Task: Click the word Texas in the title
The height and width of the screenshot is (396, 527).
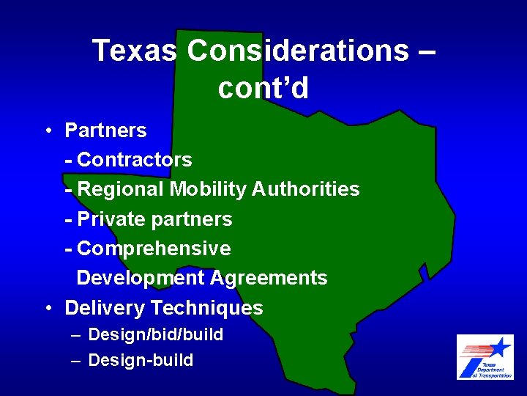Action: [x=135, y=51]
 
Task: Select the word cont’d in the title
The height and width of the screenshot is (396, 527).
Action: [x=263, y=88]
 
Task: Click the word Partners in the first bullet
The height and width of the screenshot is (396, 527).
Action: [x=105, y=131]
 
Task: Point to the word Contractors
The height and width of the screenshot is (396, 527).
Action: [x=134, y=160]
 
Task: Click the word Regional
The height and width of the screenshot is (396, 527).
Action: [x=121, y=189]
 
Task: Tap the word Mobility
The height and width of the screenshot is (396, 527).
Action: [x=209, y=189]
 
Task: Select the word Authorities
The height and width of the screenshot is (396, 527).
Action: [x=306, y=189]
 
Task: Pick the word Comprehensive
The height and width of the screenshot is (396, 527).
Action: [x=154, y=249]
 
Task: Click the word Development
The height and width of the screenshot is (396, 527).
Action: [x=141, y=278]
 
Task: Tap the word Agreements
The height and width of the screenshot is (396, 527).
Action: [x=269, y=278]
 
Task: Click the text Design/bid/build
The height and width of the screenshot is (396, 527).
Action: [x=155, y=335]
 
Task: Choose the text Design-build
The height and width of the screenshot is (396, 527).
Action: [x=141, y=360]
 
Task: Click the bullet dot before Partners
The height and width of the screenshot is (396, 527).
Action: [x=46, y=131]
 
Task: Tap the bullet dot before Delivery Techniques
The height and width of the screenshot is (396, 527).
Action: [x=46, y=308]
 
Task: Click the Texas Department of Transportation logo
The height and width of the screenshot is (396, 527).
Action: [x=485, y=357]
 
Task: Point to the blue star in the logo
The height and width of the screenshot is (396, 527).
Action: [x=500, y=346]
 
